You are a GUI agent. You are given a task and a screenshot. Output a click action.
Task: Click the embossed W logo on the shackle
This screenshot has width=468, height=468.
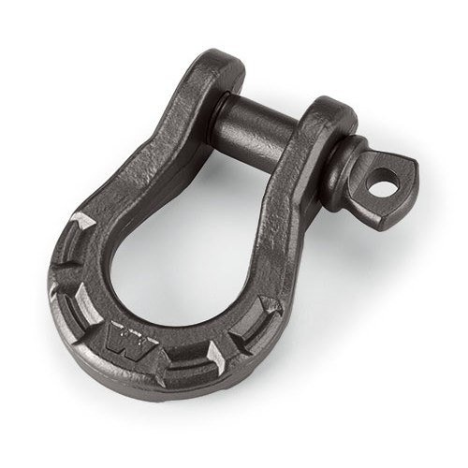coord(129,339)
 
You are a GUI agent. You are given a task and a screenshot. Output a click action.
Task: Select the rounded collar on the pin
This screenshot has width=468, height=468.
coord(344,168)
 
